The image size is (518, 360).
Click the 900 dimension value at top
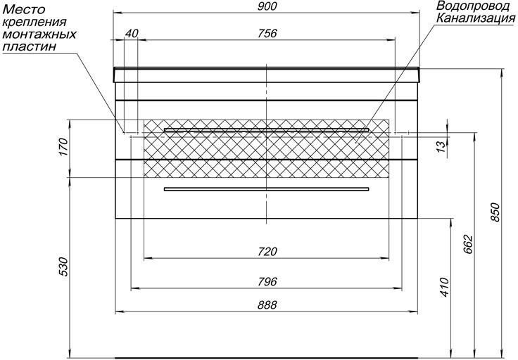click(x=267, y=6)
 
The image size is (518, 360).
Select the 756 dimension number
click(x=267, y=33)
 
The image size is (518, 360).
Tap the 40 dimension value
click(x=132, y=33)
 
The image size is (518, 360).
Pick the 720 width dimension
click(x=267, y=252)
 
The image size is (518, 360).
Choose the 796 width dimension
click(x=267, y=282)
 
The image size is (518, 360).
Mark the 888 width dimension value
click(x=267, y=305)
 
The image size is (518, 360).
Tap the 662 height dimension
click(x=468, y=245)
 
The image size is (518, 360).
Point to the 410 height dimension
click(x=446, y=288)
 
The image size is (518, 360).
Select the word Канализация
click(x=476, y=18)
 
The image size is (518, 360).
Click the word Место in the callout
click(x=23, y=9)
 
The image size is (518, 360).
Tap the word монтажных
click(x=39, y=34)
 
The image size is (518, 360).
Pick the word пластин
click(x=29, y=46)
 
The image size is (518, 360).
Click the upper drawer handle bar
click(x=266, y=129)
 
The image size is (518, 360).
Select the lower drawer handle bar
click(x=266, y=189)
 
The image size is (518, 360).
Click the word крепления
click(x=34, y=22)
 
